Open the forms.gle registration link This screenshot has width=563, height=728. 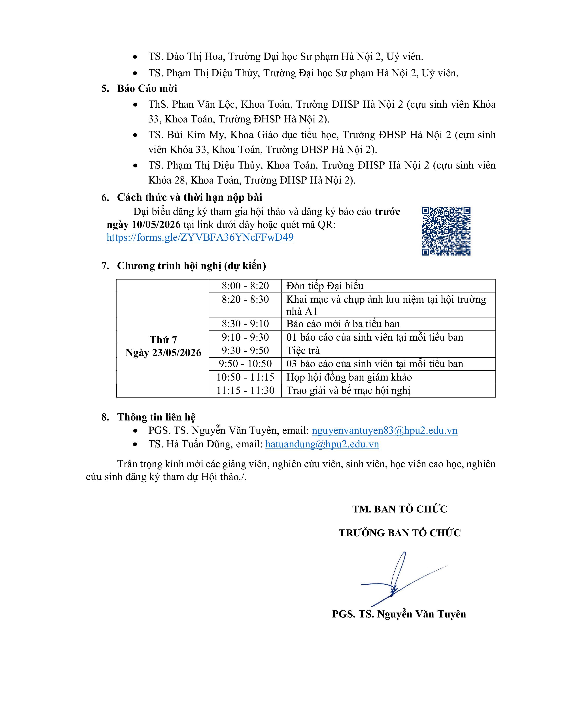click(x=200, y=237)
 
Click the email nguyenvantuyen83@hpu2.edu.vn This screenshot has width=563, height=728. click(x=384, y=430)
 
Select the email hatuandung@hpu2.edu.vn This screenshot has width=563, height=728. click(x=322, y=444)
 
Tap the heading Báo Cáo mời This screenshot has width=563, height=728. click(x=147, y=88)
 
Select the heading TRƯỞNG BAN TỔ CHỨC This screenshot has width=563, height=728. click(x=400, y=533)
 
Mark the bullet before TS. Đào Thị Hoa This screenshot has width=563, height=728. click(x=135, y=57)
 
